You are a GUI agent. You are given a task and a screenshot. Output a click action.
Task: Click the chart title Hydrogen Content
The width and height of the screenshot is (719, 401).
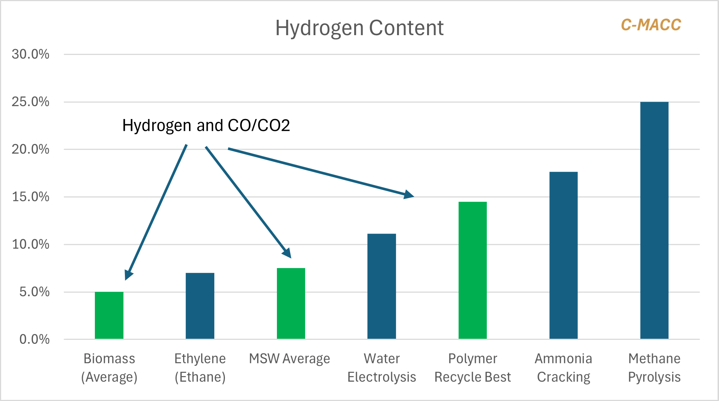pos(359,28)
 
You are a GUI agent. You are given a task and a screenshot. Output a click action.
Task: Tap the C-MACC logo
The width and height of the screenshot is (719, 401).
pos(651,25)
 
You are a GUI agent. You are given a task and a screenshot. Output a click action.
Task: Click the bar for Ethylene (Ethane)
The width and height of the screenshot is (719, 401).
pos(200,306)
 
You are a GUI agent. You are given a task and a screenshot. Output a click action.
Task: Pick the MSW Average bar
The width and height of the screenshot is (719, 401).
pos(291,303)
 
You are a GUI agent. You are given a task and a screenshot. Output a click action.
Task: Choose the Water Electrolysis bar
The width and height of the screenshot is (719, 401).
pos(382,286)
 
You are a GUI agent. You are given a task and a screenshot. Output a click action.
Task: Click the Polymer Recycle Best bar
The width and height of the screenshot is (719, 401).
pos(472,270)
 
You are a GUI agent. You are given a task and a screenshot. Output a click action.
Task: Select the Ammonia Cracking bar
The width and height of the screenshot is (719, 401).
pos(563,255)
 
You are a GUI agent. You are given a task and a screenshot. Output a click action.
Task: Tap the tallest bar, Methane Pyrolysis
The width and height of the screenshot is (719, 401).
pos(654,220)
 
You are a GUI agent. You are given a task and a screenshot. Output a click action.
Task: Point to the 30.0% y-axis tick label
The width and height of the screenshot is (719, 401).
pos(30,54)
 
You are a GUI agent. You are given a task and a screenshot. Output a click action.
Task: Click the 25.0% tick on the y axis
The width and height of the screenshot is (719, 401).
pos(30,102)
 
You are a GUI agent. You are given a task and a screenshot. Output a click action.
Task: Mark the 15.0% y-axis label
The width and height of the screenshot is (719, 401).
pos(30,197)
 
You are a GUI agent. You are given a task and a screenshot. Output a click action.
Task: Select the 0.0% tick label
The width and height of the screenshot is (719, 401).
pos(34,339)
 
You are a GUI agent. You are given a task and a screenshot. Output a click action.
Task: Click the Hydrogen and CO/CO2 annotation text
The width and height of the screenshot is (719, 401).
pos(206,125)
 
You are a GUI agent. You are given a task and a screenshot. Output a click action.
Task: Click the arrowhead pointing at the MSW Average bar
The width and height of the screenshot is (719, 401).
pos(287,253)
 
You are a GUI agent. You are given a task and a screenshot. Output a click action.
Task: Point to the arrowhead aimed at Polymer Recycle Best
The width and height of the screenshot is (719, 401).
pos(409,194)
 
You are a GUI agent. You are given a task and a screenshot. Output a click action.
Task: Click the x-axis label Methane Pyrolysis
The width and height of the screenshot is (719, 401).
pos(654,368)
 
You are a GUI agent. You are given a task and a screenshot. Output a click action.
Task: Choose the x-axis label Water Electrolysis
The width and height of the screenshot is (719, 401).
pos(382,368)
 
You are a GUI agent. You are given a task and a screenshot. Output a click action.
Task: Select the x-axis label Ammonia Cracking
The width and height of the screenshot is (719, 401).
pos(563,368)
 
